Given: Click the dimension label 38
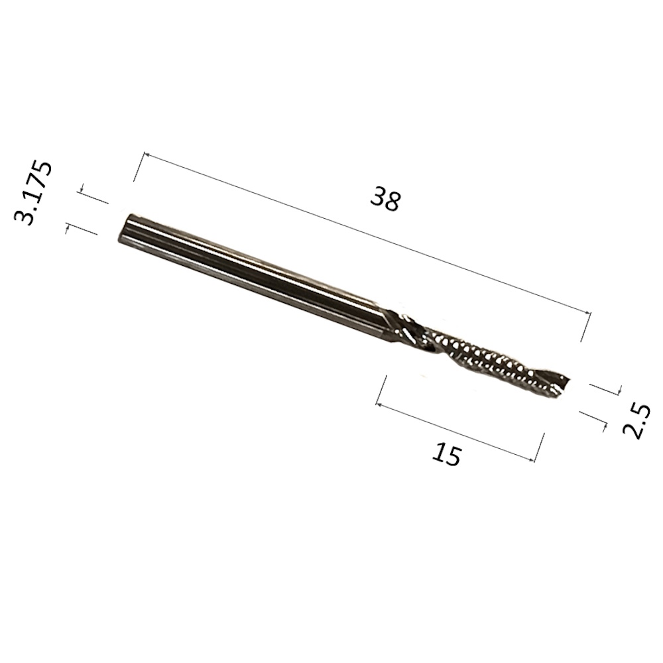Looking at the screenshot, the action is pos(385,200).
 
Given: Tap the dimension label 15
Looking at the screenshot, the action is pos(446,453).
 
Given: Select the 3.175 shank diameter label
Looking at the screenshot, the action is pos(33,192).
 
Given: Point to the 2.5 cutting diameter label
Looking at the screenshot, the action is pos(636,422).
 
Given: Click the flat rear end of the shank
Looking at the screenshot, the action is pos(123,228).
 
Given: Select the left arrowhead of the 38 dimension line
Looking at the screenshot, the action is pos(148,155).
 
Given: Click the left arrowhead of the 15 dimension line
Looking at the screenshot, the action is pos(379,405).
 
